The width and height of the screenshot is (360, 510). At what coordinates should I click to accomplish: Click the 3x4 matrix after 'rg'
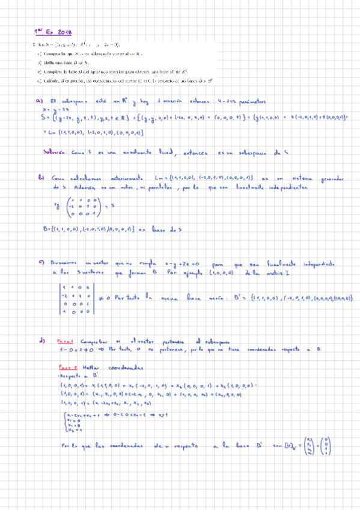click(x=82, y=206)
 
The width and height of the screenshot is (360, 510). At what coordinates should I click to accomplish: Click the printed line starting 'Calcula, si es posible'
click(x=120, y=80)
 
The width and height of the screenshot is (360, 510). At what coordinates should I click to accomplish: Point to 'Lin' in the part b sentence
click(x=157, y=178)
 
